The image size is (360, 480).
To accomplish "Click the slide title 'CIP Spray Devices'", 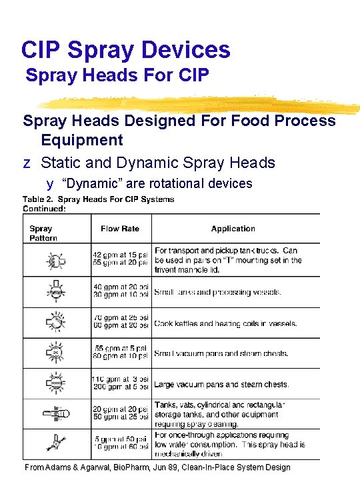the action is coord(125,49).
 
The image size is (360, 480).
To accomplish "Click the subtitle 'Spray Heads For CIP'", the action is coord(117,76).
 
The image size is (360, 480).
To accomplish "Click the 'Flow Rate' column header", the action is coord(120,229).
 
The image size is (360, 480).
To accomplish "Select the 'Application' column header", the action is coord(233,229).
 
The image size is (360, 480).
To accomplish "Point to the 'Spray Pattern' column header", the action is coord(43,233).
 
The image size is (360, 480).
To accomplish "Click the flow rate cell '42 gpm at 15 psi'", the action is coord(120,255).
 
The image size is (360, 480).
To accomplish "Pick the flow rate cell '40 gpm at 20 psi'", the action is coord(121,286).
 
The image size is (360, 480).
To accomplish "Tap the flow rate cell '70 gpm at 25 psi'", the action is coord(121,318).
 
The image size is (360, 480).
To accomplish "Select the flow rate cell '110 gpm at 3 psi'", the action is coord(120,379).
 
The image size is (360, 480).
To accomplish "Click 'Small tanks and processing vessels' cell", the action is coord(217,292).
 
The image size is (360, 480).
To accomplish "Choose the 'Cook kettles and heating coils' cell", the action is coord(225,323).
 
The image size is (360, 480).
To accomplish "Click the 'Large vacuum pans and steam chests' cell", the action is coord(221,385).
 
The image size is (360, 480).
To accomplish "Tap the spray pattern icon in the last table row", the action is coord(53,443).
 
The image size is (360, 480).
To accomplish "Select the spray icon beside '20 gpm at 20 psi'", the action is coord(53,413).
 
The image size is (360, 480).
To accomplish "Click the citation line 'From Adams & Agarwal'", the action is coord(157,467).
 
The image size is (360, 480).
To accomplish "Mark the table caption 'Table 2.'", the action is coord(38,199).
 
